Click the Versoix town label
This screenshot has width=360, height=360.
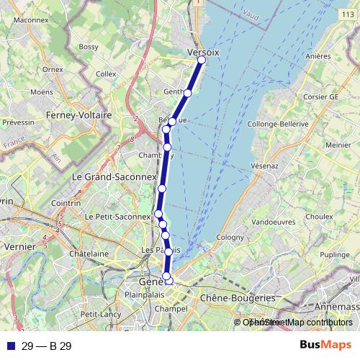pos(202,52)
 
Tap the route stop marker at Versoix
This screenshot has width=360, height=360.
pos(202,60)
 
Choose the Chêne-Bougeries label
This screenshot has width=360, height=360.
pos(238,297)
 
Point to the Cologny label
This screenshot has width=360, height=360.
pos(230,236)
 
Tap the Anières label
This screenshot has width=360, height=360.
pos(318,55)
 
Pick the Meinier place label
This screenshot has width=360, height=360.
pos(338,145)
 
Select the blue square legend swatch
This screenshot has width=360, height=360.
pos(10,346)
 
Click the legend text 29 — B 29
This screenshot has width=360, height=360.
pos(47,346)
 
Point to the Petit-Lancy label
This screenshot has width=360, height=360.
pos(99,314)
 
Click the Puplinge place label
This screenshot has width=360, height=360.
pos(334,255)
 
